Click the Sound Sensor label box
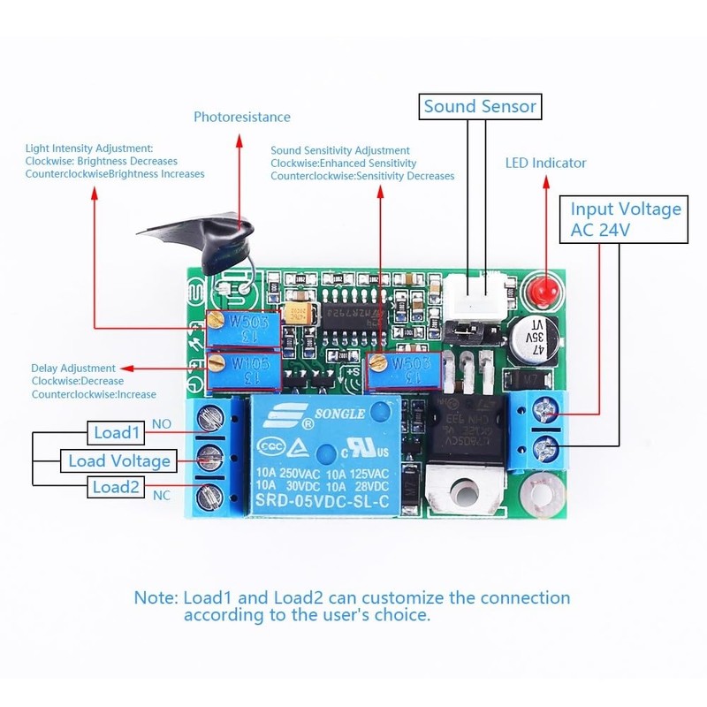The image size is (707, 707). click(x=480, y=107)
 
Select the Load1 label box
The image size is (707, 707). click(x=118, y=433)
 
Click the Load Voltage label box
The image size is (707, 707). click(x=119, y=460)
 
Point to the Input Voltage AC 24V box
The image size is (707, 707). click(x=626, y=219)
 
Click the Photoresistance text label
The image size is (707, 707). click(x=242, y=117)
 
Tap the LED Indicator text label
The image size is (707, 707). click(x=545, y=163)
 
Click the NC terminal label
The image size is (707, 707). click(x=163, y=496)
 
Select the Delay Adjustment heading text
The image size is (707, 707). click(x=73, y=368)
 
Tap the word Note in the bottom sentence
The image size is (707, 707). click(x=156, y=597)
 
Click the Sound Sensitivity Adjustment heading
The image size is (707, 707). click(x=340, y=151)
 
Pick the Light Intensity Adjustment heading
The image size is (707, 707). click(x=89, y=148)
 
